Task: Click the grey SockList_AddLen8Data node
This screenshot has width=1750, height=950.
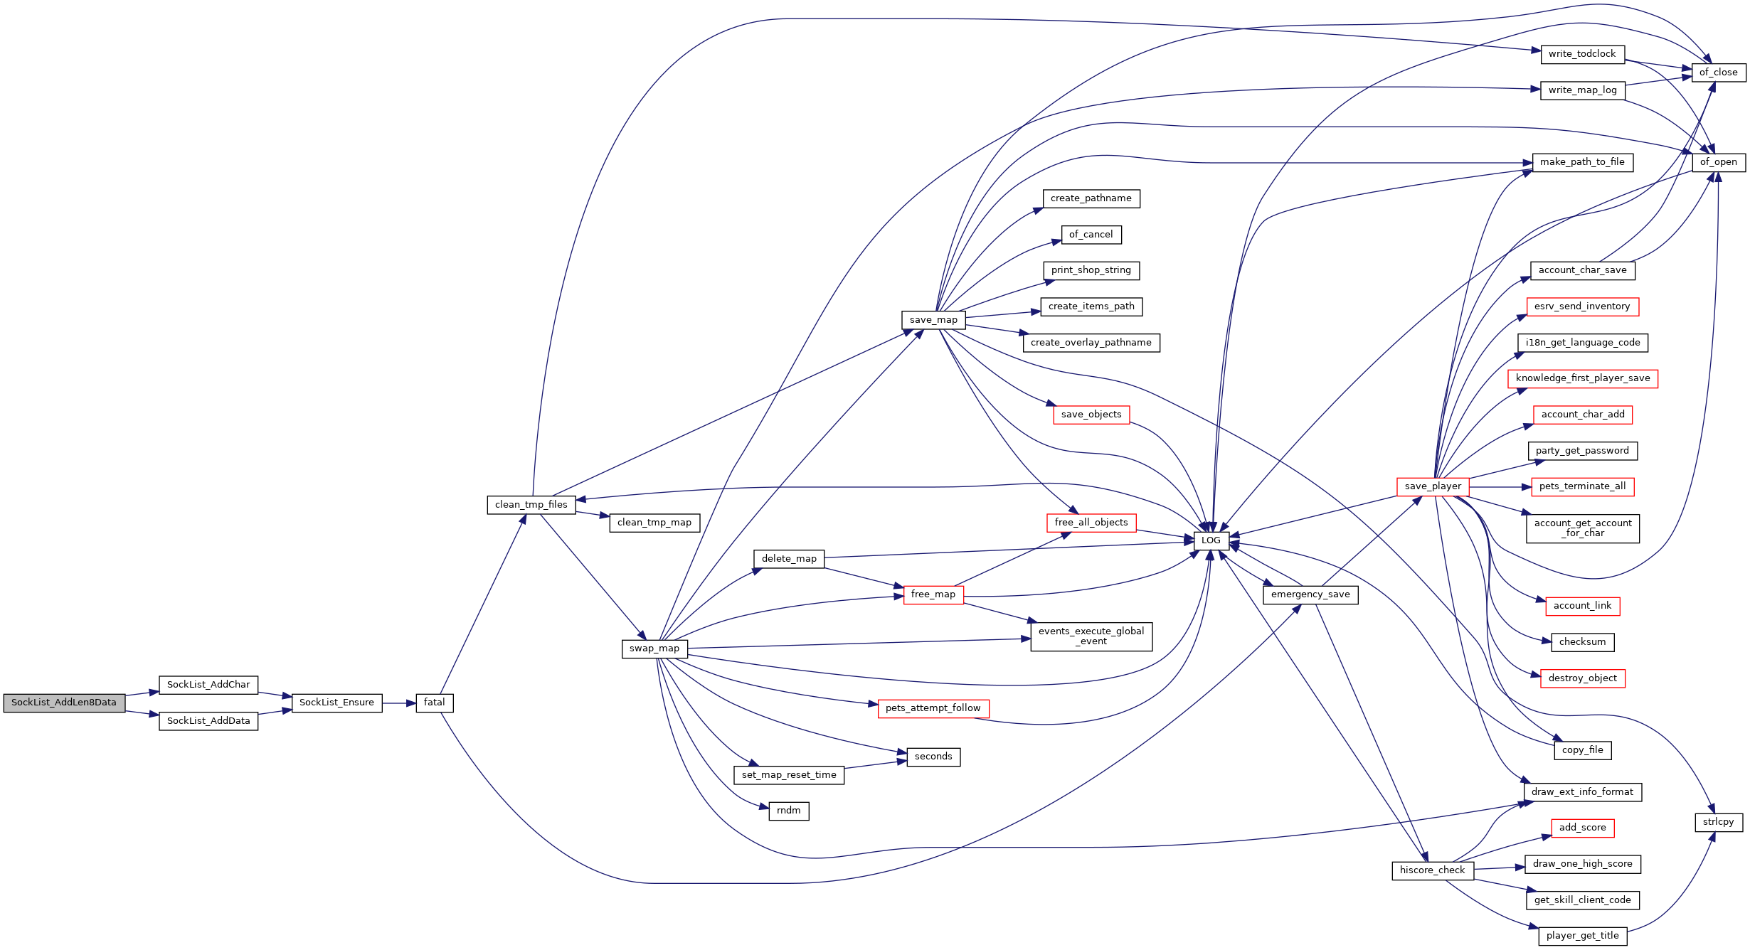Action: tap(64, 703)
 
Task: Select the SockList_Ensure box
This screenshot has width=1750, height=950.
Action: tap(336, 703)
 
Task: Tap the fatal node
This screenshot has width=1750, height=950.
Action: tap(435, 703)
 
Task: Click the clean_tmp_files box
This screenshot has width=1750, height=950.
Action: tap(531, 505)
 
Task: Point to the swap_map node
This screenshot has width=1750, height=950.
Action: tap(654, 649)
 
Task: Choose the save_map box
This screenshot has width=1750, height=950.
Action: tap(933, 320)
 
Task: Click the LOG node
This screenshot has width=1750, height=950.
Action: tap(1211, 540)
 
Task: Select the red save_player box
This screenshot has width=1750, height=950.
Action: tap(1433, 486)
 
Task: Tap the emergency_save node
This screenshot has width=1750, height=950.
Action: tap(1310, 594)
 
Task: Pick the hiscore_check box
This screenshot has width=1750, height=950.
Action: tap(1433, 870)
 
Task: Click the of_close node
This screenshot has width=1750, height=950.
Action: tap(1719, 73)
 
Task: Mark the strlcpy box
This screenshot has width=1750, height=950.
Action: tap(1719, 822)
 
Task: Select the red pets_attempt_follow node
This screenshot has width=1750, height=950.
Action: tap(933, 708)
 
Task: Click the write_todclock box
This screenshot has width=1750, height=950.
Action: tap(1582, 54)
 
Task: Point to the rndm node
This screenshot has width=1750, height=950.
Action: tap(789, 811)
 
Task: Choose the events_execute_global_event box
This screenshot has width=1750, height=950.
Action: tap(1091, 636)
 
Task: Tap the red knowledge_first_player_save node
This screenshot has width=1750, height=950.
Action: tap(1583, 378)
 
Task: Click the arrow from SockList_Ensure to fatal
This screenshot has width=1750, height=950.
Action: tap(399, 703)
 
